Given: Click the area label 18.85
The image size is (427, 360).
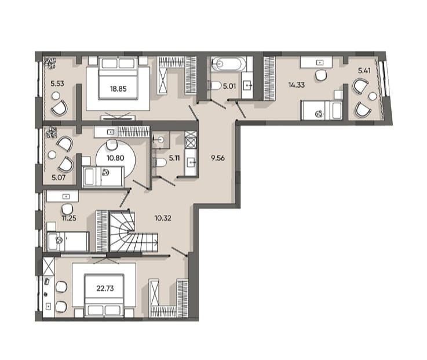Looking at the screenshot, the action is tap(118, 89).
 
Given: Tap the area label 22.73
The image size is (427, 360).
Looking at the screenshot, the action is tap(105, 288).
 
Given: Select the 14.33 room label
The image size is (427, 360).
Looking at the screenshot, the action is tap(297, 85).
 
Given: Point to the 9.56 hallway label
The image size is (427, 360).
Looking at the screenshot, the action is tap(218, 158).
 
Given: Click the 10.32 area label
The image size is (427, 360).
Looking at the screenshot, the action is tap(163, 218).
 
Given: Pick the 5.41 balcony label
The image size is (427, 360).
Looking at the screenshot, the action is tap(364, 71).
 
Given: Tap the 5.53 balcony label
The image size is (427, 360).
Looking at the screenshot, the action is tap(57, 83).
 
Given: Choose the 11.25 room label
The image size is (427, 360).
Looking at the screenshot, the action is tap(69, 218).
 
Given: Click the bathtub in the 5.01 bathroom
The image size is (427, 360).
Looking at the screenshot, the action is tap(227, 64).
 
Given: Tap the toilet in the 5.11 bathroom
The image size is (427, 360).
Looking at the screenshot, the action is tap(160, 163).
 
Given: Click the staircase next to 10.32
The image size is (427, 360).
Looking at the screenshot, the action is tap(133, 231).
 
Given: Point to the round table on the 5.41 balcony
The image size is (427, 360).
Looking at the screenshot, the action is tap(373, 96).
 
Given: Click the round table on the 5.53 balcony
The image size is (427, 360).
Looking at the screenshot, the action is tap(56, 96).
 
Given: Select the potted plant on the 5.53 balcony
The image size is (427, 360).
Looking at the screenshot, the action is tap(50, 63).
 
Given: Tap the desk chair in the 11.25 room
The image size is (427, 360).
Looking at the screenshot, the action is tap(67, 209).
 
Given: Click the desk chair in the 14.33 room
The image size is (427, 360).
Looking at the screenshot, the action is tap(321, 75).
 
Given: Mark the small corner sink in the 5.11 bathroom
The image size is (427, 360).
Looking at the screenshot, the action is tap(160, 140).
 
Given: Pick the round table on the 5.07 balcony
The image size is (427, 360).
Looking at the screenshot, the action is tap(52, 155).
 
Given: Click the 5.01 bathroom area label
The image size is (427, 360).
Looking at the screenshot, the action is tap(229, 86).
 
